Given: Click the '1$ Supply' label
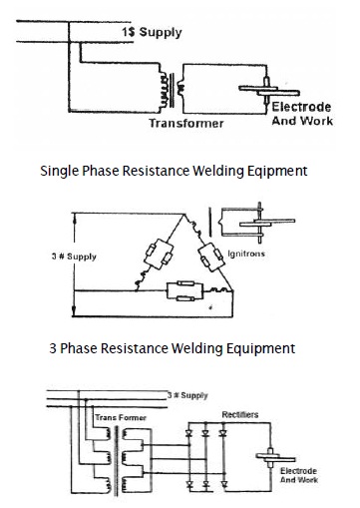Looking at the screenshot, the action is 152,33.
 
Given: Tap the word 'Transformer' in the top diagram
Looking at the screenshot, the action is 186,123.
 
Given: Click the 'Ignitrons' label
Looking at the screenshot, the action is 246,254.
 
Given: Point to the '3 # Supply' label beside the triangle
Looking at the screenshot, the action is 74,256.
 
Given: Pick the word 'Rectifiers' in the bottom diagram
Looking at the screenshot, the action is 240,414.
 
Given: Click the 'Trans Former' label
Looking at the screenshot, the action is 121,417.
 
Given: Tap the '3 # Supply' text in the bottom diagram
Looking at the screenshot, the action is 187,395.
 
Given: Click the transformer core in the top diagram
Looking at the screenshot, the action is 172,90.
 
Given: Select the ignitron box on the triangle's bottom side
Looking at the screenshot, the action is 184,291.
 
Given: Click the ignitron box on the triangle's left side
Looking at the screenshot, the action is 159,254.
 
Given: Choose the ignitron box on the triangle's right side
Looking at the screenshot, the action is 210,258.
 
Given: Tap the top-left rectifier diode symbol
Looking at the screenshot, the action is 189,433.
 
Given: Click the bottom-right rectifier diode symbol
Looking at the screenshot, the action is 223,484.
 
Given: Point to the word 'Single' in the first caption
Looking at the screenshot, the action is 60,171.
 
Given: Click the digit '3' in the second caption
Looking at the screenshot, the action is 53,348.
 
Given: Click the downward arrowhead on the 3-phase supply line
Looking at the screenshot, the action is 74,312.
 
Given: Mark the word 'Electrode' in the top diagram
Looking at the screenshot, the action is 301,107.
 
